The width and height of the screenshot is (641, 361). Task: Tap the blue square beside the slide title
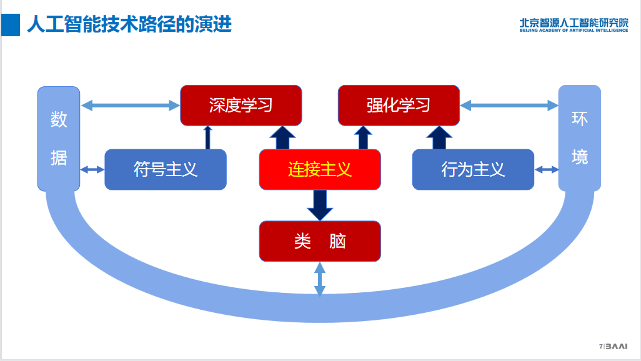[x=11, y=25]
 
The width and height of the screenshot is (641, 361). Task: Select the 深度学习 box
[x=241, y=105]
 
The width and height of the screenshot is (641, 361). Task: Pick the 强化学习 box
[x=399, y=105]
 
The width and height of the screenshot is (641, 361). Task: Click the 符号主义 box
[x=166, y=169]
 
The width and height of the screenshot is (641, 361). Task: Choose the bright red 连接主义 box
[x=320, y=169]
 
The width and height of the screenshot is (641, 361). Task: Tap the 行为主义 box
[x=473, y=169]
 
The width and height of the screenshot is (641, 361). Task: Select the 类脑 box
[x=320, y=241]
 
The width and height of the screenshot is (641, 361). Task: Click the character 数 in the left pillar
[x=59, y=119]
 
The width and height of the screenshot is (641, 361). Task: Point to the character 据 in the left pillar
[x=59, y=158]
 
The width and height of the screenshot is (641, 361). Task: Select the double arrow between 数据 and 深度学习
[x=131, y=105]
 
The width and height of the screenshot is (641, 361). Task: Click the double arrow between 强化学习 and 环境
[x=509, y=106]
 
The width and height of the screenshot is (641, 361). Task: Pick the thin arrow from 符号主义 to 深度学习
[x=208, y=137]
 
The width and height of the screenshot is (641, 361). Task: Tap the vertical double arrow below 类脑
[x=320, y=279]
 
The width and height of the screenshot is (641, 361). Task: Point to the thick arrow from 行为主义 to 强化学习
[x=439, y=137]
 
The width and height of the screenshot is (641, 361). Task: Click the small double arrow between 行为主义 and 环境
[x=547, y=169]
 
